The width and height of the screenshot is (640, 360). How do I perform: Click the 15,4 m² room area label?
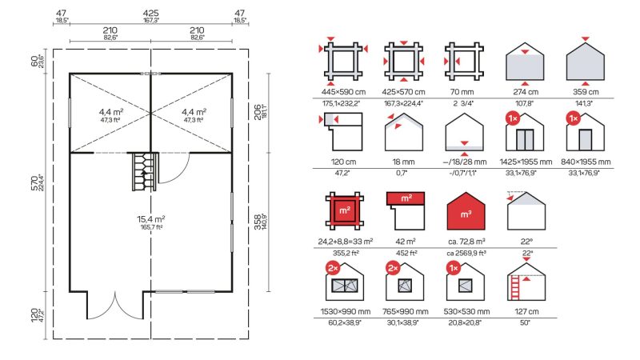point(151,219)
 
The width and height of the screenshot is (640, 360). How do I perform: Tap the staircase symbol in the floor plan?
point(145,171)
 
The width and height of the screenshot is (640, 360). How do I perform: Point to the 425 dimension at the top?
point(151,14)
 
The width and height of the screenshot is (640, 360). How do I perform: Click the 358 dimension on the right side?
point(258,222)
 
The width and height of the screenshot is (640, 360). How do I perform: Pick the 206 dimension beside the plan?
point(258,112)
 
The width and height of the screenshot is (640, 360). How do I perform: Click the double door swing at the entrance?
point(115,306)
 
